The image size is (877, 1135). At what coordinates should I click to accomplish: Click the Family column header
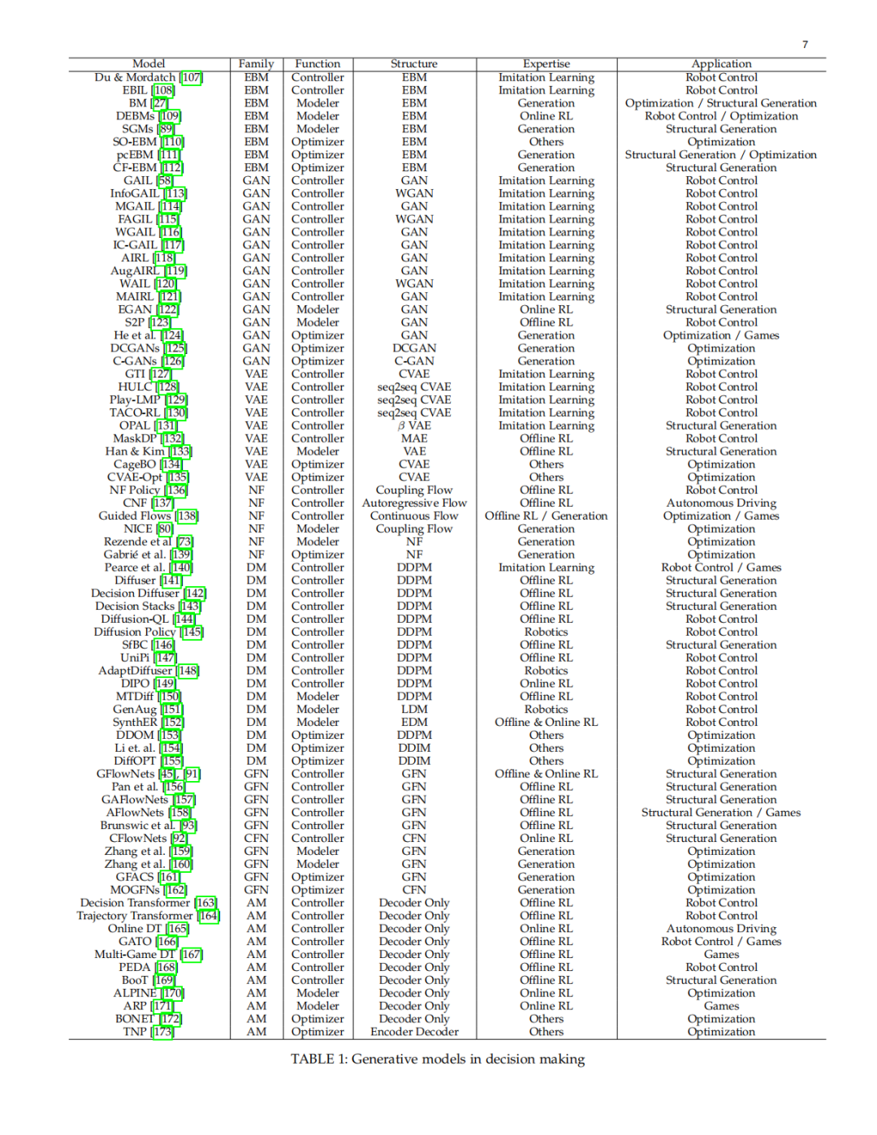tap(256, 64)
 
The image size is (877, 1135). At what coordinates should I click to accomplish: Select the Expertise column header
tap(546, 64)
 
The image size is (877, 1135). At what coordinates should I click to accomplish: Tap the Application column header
tap(721, 64)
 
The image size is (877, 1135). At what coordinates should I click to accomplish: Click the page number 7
tap(805, 45)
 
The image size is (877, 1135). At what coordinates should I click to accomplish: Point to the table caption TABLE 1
tap(438, 1059)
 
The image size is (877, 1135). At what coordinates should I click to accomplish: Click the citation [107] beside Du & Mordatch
tap(192, 77)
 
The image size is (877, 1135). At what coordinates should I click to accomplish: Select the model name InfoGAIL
tap(135, 193)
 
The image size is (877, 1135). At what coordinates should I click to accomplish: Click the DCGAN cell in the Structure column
tap(414, 348)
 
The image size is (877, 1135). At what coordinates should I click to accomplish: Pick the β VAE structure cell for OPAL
tap(414, 425)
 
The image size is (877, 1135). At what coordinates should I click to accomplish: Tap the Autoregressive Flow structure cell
tap(414, 503)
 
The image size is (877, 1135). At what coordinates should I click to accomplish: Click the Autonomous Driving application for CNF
tap(721, 503)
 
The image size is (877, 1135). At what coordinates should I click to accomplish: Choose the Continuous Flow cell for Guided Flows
tap(414, 516)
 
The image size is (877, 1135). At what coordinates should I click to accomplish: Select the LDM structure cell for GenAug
tap(414, 709)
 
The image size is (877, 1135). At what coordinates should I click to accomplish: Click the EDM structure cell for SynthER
tap(414, 722)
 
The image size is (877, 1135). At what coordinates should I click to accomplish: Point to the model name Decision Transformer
tap(136, 903)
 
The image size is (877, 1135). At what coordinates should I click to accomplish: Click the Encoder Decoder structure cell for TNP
tap(414, 1032)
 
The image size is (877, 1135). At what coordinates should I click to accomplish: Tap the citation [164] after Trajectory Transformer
tap(210, 916)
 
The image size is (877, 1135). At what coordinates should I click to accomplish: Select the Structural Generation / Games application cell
tap(721, 812)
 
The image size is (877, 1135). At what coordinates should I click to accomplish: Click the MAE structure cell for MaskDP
tap(414, 438)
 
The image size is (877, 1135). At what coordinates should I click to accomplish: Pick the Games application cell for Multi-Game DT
tap(721, 954)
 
